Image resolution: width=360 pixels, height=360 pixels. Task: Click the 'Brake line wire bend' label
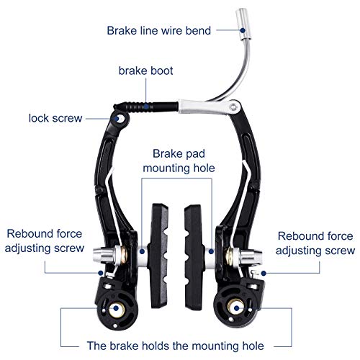click(158, 31)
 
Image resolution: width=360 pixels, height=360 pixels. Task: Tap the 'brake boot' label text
click(145, 71)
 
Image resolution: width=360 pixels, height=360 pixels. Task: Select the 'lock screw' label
click(55, 118)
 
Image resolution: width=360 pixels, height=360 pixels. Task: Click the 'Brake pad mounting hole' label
click(179, 161)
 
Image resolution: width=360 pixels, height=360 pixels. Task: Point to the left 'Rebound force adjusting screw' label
click(45, 240)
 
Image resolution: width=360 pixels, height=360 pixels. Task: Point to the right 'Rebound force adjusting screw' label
click(315, 243)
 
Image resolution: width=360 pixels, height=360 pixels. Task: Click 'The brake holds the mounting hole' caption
click(175, 346)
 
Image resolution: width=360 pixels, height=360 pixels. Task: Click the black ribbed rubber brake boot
click(146, 107)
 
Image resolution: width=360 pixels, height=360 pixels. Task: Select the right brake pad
click(195, 257)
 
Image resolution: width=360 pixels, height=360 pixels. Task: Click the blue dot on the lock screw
click(117, 119)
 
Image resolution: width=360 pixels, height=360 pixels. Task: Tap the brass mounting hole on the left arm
click(117, 308)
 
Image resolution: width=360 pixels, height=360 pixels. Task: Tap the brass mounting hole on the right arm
click(236, 307)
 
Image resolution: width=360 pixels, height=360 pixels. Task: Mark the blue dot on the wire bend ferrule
click(243, 30)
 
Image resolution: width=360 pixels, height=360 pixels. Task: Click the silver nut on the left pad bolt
click(103, 255)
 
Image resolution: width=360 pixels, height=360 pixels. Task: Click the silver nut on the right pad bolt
click(251, 257)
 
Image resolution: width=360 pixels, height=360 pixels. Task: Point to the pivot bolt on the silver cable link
click(233, 107)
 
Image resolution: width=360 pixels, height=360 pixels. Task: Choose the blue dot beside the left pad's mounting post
click(142, 251)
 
